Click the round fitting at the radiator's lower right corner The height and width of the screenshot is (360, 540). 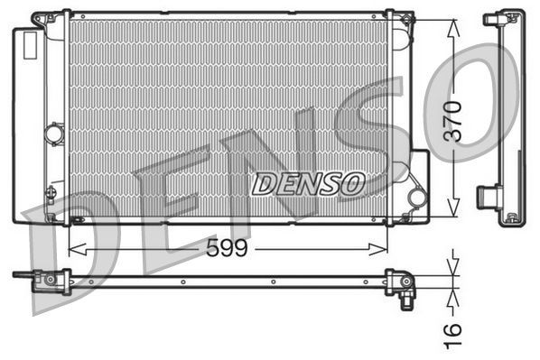(416, 197)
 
